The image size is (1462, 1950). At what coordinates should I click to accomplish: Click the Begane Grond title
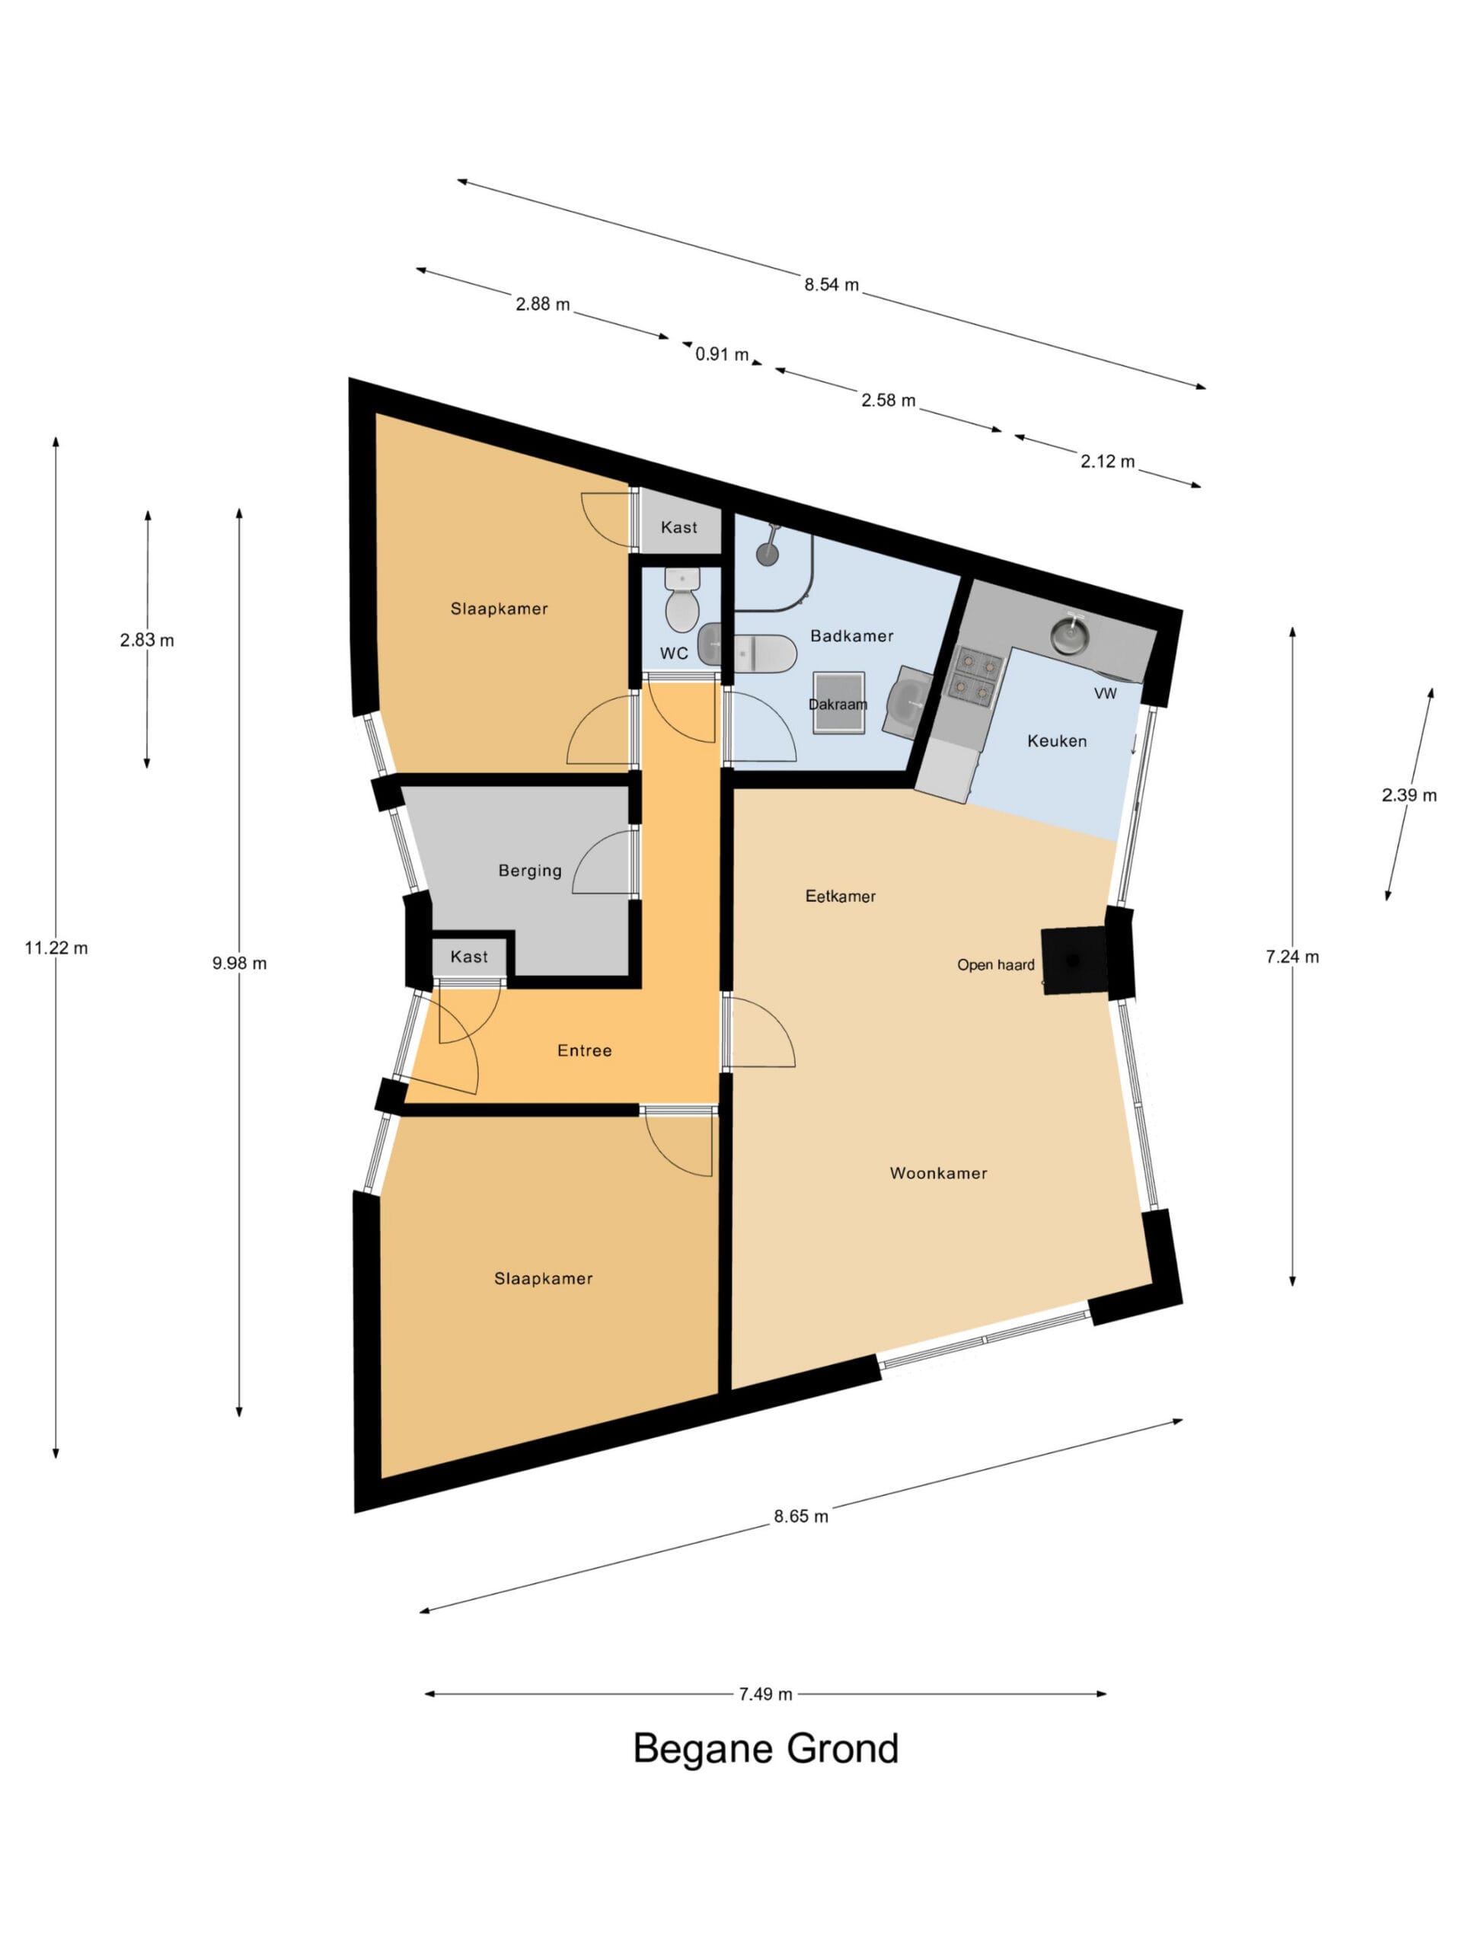click(x=765, y=1748)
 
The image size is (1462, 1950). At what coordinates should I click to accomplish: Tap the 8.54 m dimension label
click(x=831, y=285)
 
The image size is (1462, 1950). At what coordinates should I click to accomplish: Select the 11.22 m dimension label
click(x=56, y=948)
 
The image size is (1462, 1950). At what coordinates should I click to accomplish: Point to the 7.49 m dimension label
click(x=765, y=1694)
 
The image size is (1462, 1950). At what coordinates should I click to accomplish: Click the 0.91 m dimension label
click(x=722, y=354)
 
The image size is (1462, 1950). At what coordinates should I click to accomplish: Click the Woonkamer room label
click(x=939, y=1173)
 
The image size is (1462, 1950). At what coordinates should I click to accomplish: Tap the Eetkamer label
click(x=840, y=897)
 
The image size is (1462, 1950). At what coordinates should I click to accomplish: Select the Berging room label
click(x=530, y=871)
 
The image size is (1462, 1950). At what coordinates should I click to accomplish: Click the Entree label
click(x=584, y=1051)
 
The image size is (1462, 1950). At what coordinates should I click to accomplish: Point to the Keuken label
click(x=1057, y=741)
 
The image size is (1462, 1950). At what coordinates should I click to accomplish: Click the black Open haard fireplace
click(x=1074, y=960)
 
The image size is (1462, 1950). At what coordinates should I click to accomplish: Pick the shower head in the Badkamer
click(x=768, y=548)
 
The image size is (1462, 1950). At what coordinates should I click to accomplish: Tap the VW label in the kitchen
click(x=1105, y=694)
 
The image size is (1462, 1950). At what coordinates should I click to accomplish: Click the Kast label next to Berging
click(x=469, y=957)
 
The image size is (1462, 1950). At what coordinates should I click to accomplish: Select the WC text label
click(x=674, y=654)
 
